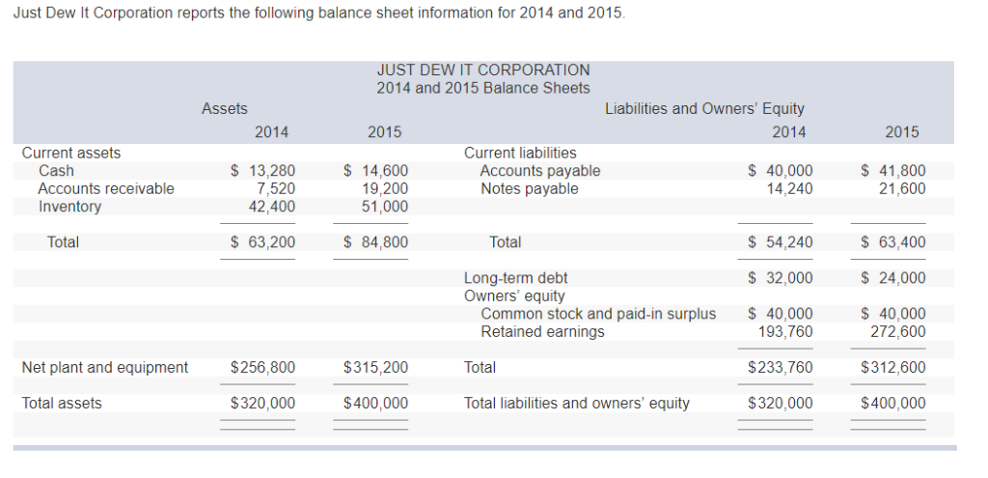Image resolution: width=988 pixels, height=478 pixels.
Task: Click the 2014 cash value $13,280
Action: click(262, 171)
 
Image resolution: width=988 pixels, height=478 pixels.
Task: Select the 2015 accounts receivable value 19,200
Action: click(382, 188)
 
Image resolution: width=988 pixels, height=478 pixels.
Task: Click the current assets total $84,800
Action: click(375, 242)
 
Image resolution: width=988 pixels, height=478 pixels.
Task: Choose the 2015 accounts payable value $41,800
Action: click(892, 171)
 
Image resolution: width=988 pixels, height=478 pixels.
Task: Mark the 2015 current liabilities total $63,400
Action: click(892, 242)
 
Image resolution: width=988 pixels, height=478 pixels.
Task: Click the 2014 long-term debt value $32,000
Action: click(781, 278)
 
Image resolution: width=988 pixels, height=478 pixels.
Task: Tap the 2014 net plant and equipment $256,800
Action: click(263, 367)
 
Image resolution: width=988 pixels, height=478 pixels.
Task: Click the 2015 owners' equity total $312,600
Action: click(892, 367)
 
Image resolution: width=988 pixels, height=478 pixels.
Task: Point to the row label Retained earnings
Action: click(542, 331)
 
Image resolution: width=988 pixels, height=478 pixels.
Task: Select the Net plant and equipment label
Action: click(105, 367)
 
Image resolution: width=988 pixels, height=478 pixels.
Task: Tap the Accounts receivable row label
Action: click(106, 188)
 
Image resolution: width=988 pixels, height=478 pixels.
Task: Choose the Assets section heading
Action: click(224, 109)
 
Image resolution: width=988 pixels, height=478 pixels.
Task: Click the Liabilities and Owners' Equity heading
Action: click(704, 109)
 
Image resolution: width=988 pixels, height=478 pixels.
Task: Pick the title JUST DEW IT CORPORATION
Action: click(483, 70)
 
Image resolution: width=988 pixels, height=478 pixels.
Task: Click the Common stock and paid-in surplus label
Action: click(598, 314)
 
